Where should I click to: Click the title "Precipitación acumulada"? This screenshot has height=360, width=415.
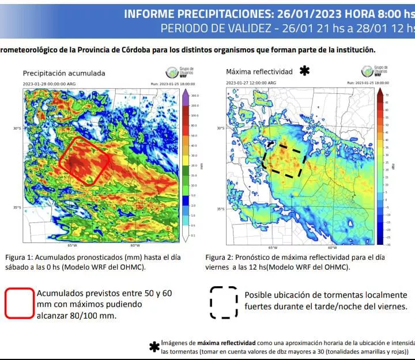(64, 73)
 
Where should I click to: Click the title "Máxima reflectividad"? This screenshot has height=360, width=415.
(259, 72)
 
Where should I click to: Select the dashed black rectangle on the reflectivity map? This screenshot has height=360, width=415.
(284, 160)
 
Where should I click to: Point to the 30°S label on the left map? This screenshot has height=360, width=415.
(18, 128)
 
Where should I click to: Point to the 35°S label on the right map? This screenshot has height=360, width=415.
(220, 209)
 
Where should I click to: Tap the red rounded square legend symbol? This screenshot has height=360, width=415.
(20, 302)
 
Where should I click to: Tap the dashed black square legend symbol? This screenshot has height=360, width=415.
(223, 302)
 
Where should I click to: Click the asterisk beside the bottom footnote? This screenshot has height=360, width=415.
(154, 347)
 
